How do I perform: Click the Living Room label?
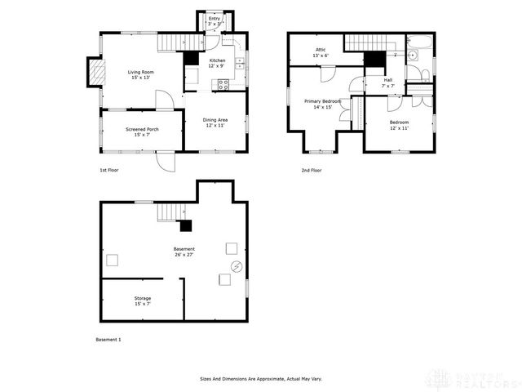pyautogui.click(x=141, y=75)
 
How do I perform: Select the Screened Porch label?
pyautogui.click(x=142, y=131)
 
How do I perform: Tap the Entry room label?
pyautogui.click(x=215, y=20)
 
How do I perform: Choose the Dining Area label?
pyautogui.click(x=215, y=122)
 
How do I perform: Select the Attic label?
pyautogui.click(x=321, y=52)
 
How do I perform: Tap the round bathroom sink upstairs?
pyautogui.click(x=414, y=56)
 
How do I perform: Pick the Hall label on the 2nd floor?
pyautogui.click(x=387, y=82)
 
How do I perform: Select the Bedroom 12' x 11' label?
pyautogui.click(x=399, y=124)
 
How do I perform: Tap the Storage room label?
pyautogui.click(x=143, y=301)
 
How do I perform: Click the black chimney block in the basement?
pyautogui.click(x=186, y=226)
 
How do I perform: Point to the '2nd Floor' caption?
pyautogui.click(x=311, y=171)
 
